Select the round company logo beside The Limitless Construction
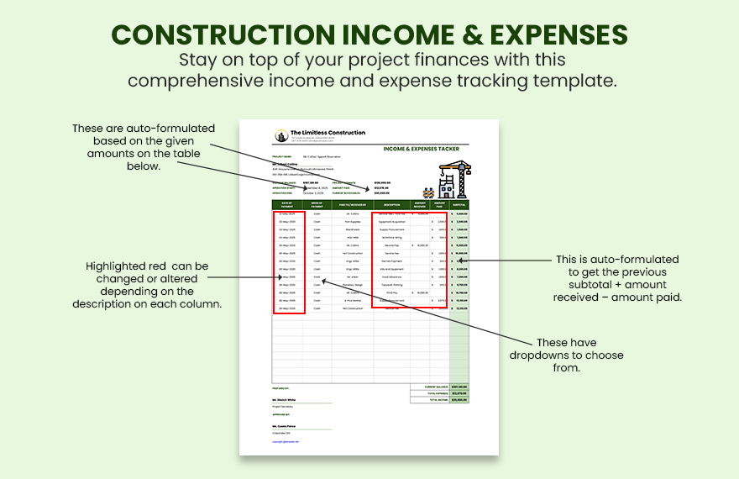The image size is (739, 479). pos(280,135)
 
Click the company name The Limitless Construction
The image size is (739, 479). pos(328,133)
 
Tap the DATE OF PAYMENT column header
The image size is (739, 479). pos(287,204)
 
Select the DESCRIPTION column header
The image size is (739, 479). pos(392,204)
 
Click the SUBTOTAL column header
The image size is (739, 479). pos(459,204)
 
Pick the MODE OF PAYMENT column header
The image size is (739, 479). pos(317,204)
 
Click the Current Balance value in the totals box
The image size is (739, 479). pos(459,387)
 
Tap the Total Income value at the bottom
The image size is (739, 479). pos(459,399)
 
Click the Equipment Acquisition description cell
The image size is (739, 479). pos(392,222)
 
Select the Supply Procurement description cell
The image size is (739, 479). pos(392,229)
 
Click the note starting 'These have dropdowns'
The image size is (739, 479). pos(566,355)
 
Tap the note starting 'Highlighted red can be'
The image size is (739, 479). pos(147,284)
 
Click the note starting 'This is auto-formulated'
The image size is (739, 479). pos(617,278)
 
